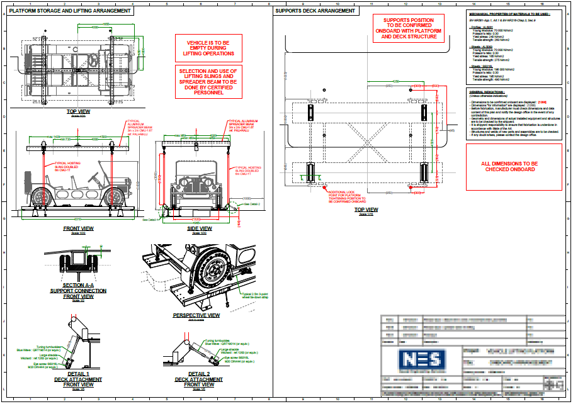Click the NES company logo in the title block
click(423, 360)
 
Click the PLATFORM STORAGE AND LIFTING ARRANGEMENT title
click(71, 11)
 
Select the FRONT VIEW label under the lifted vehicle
click(79, 228)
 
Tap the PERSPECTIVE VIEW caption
click(196, 315)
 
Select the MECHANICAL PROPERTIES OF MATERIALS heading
click(509, 13)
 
